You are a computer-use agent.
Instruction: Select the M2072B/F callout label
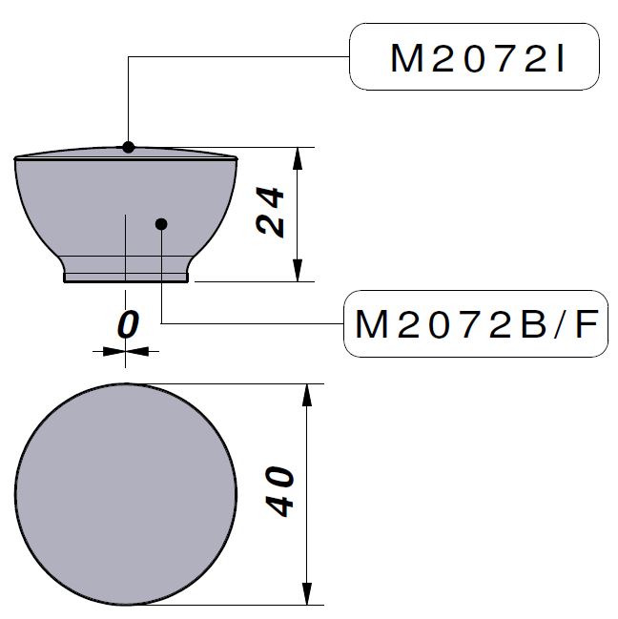tap(475, 325)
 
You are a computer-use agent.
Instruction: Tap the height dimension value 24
tap(271, 212)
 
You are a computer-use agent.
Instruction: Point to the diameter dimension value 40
tap(279, 491)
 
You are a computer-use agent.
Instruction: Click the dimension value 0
tap(127, 325)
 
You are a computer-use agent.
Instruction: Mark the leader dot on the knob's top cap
tap(129, 147)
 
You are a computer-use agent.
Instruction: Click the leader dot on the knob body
tap(161, 224)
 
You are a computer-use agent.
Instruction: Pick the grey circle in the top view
tap(126, 494)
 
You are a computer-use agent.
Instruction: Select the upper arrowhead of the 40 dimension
tap(307, 394)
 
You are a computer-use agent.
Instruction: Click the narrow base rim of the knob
tap(126, 279)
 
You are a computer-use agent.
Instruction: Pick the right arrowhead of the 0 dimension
tap(138, 351)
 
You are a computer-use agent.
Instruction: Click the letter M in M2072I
tap(408, 59)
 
